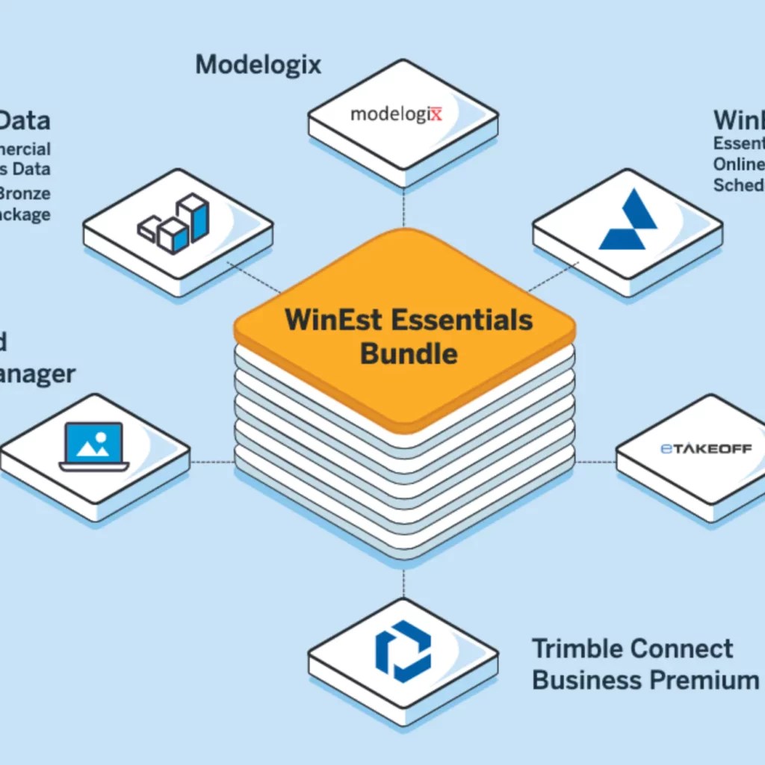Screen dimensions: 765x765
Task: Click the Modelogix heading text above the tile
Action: coord(258,64)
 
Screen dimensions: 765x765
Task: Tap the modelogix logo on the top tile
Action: coord(396,114)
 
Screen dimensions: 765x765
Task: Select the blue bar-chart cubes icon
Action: coord(174,223)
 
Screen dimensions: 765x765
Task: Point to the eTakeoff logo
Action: coord(706,449)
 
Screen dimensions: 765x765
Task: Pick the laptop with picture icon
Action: coord(94,446)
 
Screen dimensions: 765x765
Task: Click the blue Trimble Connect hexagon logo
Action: coord(403,651)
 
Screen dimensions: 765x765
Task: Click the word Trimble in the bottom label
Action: coord(577,648)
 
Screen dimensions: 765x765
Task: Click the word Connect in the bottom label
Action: coord(681,648)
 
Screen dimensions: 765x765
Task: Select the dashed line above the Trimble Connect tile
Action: coord(403,583)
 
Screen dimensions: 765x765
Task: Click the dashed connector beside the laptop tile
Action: coord(212,462)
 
